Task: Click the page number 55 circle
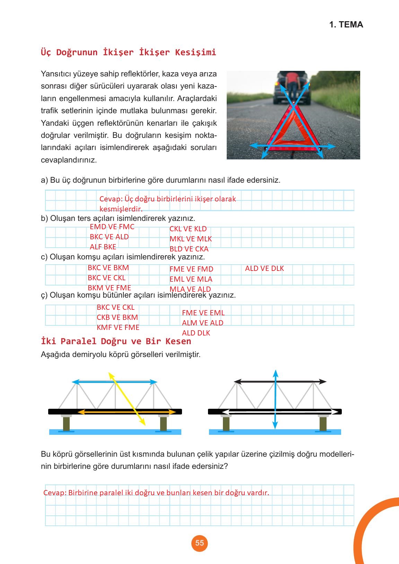pyautogui.click(x=199, y=543)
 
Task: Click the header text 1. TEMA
pyautogui.click(x=346, y=25)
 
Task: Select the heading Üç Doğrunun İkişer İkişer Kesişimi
pyautogui.click(x=128, y=52)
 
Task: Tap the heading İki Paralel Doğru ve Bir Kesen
pyautogui.click(x=116, y=341)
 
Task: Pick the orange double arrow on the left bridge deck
pyautogui.click(x=127, y=412)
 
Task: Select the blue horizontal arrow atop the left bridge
pyautogui.click(x=114, y=382)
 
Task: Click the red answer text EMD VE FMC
pyautogui.click(x=112, y=227)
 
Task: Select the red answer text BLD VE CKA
pyautogui.click(x=189, y=249)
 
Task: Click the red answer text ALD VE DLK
pyautogui.click(x=264, y=268)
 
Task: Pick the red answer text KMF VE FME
pyautogui.click(x=118, y=327)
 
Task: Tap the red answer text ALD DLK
pyautogui.click(x=196, y=333)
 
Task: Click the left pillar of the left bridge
pyautogui.click(x=66, y=423)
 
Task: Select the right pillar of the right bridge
pyautogui.click(x=323, y=423)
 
